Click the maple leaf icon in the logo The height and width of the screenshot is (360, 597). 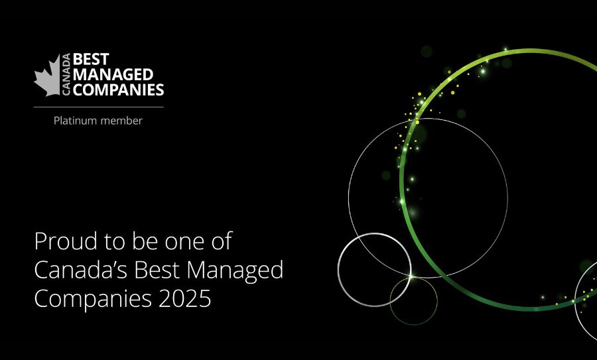(48, 76)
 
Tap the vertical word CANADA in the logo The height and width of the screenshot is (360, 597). (66, 74)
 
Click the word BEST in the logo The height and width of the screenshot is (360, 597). (91, 60)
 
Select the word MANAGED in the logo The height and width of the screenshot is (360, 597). (113, 75)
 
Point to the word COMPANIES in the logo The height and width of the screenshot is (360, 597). (119, 90)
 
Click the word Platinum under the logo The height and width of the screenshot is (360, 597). (76, 121)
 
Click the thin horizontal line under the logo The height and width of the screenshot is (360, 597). (99, 107)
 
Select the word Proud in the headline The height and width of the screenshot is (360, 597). (66, 241)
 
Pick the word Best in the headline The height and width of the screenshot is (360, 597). (157, 270)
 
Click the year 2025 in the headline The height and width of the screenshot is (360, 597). (184, 298)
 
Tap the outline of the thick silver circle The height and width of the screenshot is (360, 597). (338, 269)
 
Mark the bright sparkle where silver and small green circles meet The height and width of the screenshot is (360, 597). (411, 276)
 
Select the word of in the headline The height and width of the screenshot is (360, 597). (222, 241)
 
